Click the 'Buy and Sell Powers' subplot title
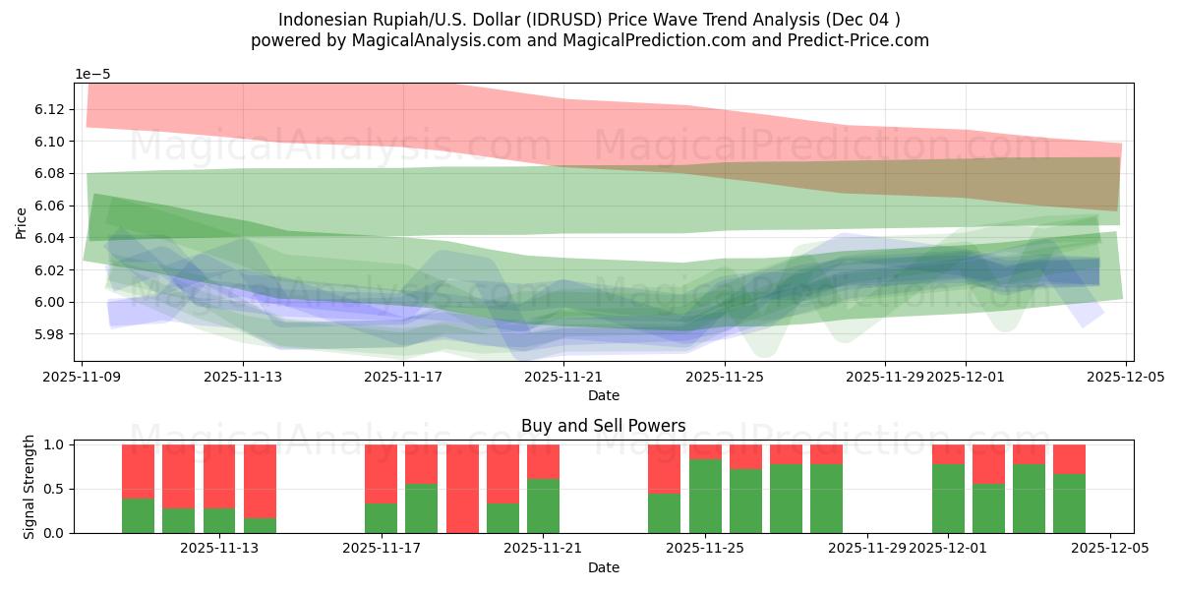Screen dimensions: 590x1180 click(x=603, y=426)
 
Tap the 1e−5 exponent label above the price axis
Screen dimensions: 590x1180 click(x=94, y=74)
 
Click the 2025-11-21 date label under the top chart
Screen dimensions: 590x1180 click(x=563, y=376)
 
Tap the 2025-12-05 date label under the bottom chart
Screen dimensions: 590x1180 click(x=1110, y=548)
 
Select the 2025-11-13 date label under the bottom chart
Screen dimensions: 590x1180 click(x=219, y=548)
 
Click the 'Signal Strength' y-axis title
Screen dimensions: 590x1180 click(x=29, y=487)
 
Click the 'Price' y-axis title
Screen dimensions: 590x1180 click(x=21, y=222)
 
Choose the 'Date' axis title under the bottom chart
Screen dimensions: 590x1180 click(x=603, y=567)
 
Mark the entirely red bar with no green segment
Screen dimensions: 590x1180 click(x=462, y=489)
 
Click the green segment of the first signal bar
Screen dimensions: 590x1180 click(x=138, y=515)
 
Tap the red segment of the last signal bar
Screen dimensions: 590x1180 click(x=1069, y=458)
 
